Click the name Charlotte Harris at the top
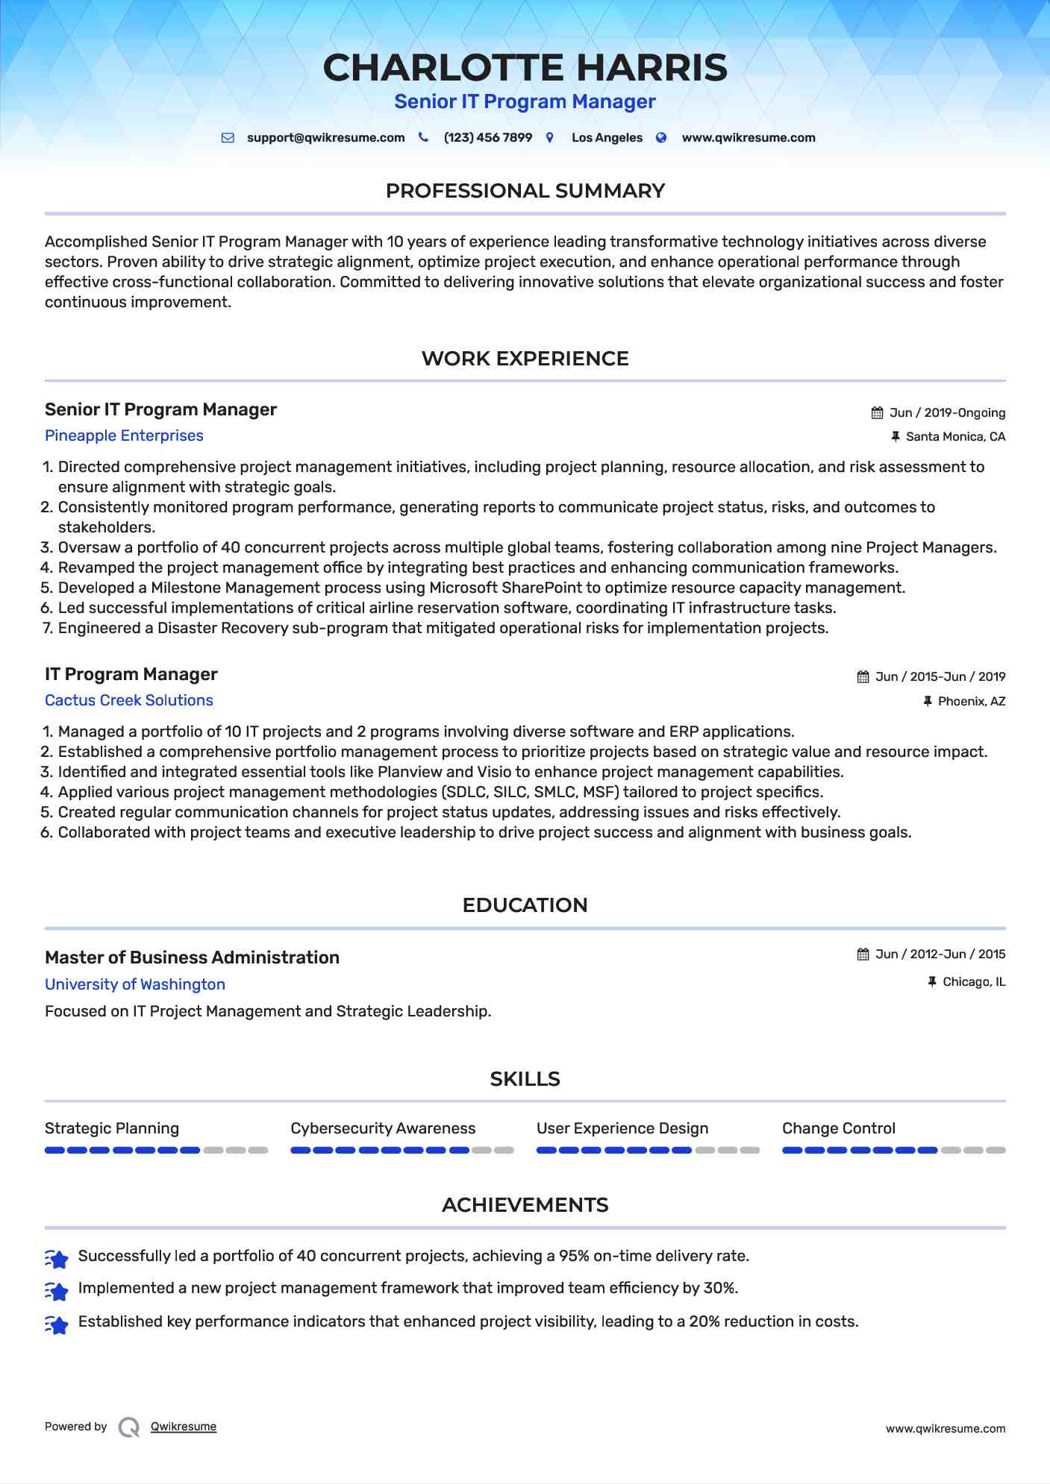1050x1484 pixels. coord(525,68)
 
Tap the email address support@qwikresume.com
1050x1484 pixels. coord(325,138)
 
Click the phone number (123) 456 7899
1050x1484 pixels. coord(487,138)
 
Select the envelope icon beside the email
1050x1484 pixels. coord(228,138)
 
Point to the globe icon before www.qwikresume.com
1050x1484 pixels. coord(661,138)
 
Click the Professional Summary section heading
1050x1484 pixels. coord(525,191)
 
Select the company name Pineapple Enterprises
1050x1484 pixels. coord(124,436)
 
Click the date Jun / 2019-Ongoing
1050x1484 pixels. coord(947,413)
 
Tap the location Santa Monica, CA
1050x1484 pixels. coord(955,437)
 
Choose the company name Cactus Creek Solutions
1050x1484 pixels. coord(128,700)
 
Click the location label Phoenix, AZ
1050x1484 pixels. coord(971,702)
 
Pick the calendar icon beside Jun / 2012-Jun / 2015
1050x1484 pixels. coord(863,955)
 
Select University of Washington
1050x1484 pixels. coord(134,984)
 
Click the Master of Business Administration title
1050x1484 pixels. coord(192,958)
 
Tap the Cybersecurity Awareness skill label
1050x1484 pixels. coord(383,1128)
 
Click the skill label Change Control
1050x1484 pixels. coord(838,1128)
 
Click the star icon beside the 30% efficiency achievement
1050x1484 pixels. coord(57,1289)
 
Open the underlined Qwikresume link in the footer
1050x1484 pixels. coord(184,1427)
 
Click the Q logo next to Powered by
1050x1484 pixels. coord(129,1427)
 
